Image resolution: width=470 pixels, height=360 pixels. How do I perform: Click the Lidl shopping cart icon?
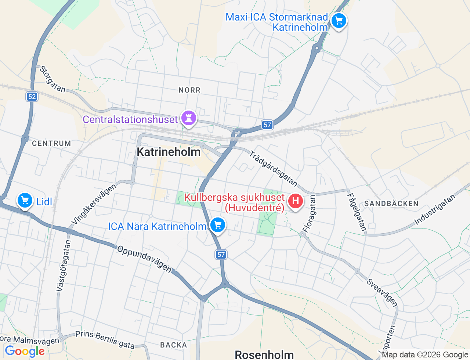click(25, 201)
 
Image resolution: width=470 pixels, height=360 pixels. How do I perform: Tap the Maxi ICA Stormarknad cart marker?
click(339, 21)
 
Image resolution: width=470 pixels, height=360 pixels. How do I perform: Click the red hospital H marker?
click(295, 201)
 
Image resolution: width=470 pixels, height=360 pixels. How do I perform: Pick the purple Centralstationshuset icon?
click(189, 118)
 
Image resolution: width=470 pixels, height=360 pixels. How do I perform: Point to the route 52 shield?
click(32, 97)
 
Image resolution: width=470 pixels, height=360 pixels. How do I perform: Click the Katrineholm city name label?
click(169, 152)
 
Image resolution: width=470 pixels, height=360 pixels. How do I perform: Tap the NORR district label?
click(189, 90)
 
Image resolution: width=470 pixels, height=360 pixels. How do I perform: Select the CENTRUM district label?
click(51, 143)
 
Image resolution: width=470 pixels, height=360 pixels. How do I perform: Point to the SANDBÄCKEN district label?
click(391, 204)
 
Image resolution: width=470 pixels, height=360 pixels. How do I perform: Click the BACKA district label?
click(174, 345)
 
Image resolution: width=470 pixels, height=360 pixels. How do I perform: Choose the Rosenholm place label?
click(264, 354)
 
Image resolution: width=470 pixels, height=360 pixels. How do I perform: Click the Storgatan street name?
click(53, 79)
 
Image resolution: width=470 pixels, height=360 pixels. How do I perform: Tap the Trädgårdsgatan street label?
click(273, 168)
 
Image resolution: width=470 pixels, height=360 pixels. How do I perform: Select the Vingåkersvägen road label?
click(94, 204)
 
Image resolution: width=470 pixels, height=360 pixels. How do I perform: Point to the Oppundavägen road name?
click(144, 259)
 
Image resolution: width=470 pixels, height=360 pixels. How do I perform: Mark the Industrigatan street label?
click(435, 209)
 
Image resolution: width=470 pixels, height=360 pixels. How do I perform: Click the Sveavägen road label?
click(382, 292)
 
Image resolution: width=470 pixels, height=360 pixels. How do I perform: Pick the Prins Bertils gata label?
click(105, 339)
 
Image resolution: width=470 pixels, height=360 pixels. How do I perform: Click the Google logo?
click(25, 351)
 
